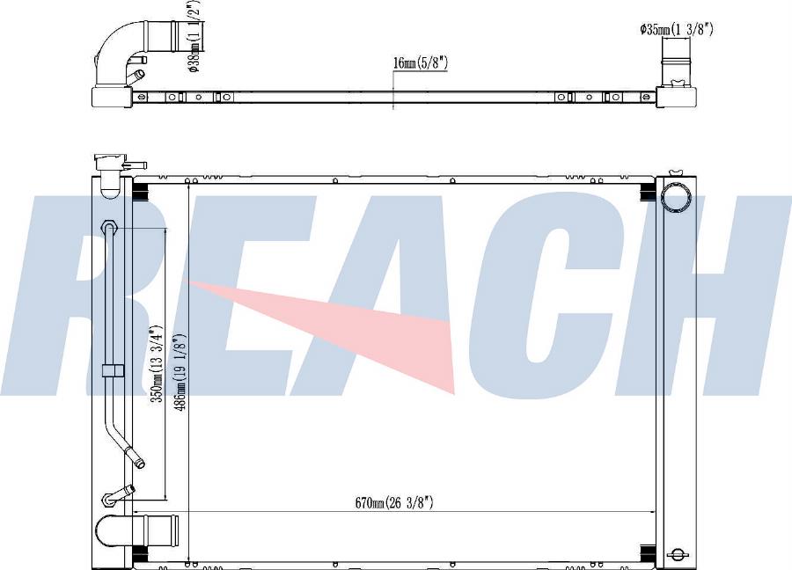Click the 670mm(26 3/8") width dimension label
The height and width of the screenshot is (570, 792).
click(x=394, y=502)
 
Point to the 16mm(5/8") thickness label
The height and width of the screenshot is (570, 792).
click(x=421, y=62)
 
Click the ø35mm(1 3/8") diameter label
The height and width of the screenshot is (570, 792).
click(x=677, y=30)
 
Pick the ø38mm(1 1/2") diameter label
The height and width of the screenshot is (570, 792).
click(x=196, y=35)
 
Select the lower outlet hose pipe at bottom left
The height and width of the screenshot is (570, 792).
click(x=136, y=530)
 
